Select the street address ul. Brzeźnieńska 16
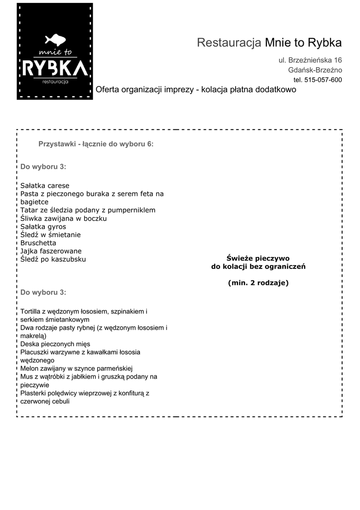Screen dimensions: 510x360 tap(310, 60)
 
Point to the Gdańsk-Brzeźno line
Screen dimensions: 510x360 tap(315, 70)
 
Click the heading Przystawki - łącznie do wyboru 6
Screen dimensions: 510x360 tap(96, 144)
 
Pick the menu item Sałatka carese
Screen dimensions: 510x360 tap(45, 186)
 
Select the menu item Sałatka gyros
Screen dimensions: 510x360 tap(43, 227)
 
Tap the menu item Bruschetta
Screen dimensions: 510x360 tap(38, 243)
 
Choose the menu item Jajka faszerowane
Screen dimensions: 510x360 tap(51, 251)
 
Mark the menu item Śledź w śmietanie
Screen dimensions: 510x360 tap(50, 235)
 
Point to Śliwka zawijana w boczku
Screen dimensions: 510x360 tap(64, 218)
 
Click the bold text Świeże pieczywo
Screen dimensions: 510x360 tap(258, 258)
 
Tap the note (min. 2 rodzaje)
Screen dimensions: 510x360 tap(258, 283)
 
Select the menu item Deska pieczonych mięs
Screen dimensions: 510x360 tap(55, 344)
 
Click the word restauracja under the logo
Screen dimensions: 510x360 tap(55, 82)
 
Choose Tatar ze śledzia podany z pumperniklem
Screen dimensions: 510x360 tap(88, 210)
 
